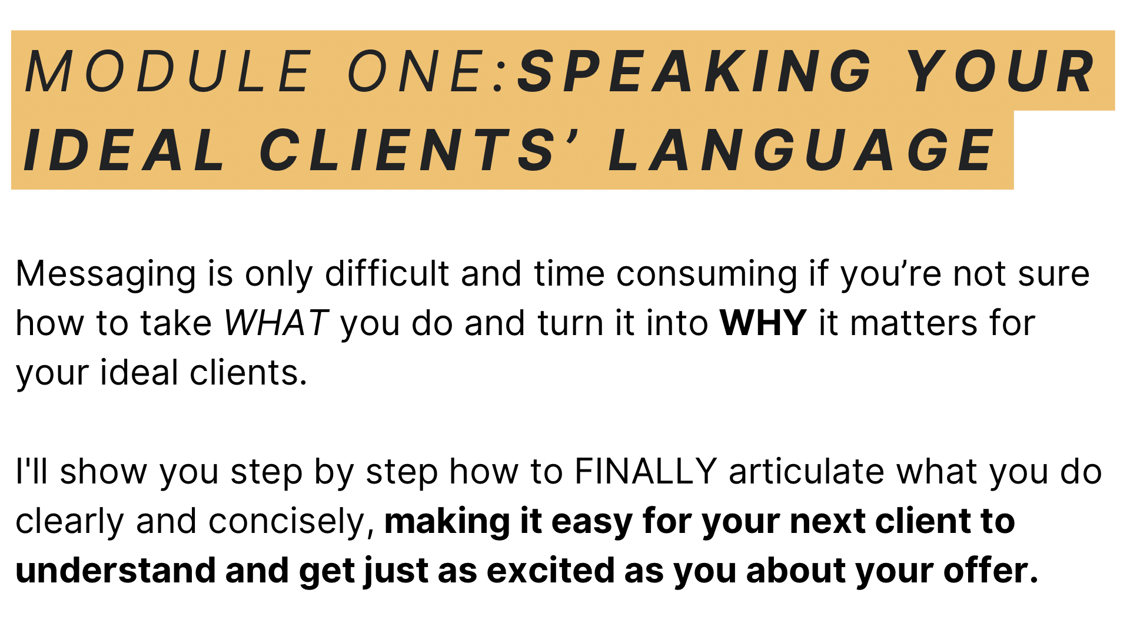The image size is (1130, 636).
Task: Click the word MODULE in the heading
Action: [x=168, y=72]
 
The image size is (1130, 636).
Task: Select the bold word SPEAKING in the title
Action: [x=695, y=72]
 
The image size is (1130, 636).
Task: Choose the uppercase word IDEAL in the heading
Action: [x=124, y=151]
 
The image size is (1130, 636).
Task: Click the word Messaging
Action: [x=106, y=275]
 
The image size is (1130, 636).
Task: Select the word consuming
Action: [x=707, y=275]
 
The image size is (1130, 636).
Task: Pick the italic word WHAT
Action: [x=276, y=323]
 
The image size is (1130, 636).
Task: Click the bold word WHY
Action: [x=763, y=323]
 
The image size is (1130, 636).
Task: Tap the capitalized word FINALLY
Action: [x=646, y=472]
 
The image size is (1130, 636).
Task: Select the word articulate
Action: [x=807, y=472]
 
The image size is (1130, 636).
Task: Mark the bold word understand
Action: [x=116, y=571]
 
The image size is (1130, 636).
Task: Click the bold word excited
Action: [x=551, y=571]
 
